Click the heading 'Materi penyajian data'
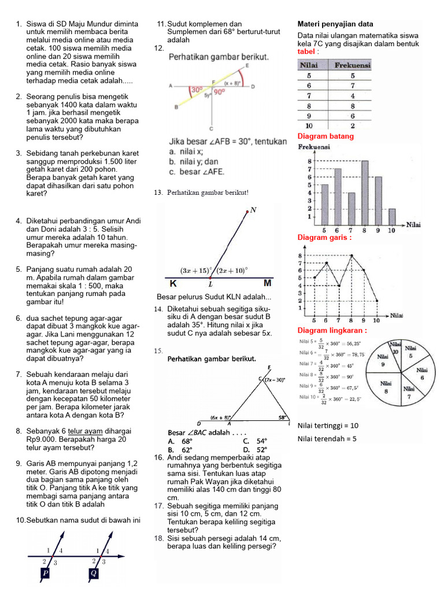(x=335, y=24)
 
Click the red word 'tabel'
(x=306, y=52)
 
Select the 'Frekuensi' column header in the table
(x=352, y=65)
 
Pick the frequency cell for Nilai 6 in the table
(x=352, y=85)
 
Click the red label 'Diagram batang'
(x=325, y=136)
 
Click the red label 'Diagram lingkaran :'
(x=332, y=330)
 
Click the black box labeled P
(x=45, y=573)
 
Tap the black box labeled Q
(x=94, y=573)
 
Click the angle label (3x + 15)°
(x=197, y=270)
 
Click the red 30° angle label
(x=197, y=90)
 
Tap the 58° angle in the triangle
(x=282, y=416)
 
